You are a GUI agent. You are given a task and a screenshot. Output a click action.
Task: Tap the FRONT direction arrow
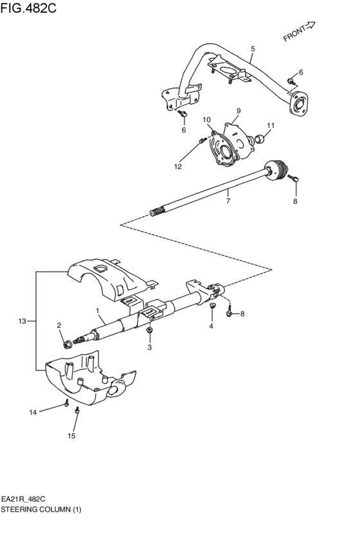tap(299, 31)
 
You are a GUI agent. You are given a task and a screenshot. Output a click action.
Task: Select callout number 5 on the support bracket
tap(253, 49)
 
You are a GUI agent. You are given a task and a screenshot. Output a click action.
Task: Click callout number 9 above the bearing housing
tap(237, 111)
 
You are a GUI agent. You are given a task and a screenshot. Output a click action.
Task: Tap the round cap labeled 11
tap(262, 137)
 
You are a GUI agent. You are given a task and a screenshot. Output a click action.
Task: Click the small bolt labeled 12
tap(202, 141)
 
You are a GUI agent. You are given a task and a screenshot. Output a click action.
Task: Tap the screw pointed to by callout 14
tap(66, 403)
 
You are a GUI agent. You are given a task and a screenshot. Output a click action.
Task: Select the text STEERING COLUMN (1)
tap(42, 508)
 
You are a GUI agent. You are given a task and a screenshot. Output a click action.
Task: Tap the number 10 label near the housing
tap(208, 120)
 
